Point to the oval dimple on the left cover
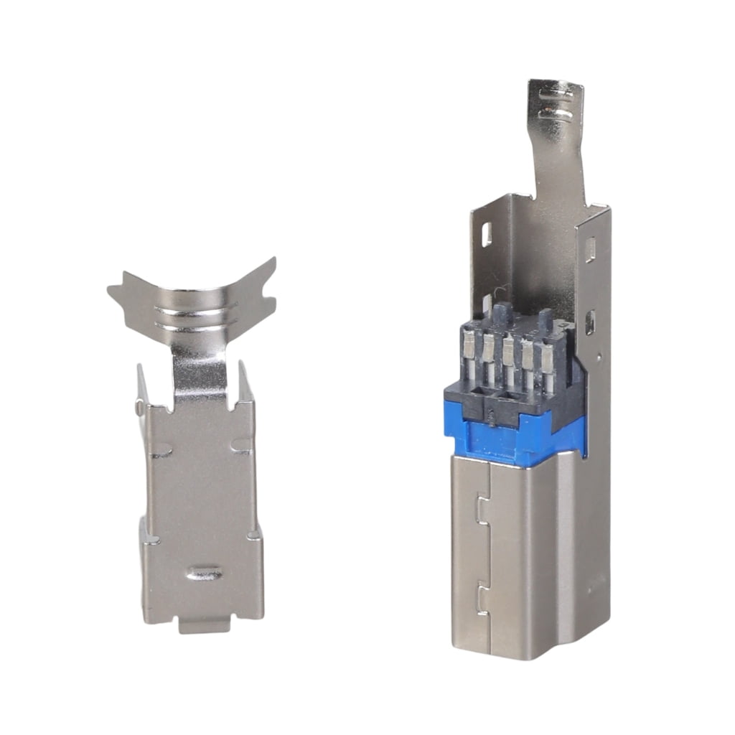pyautogui.click(x=205, y=573)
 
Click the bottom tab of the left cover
pyautogui.click(x=204, y=625)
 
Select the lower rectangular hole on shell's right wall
pyautogui.click(x=589, y=322)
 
